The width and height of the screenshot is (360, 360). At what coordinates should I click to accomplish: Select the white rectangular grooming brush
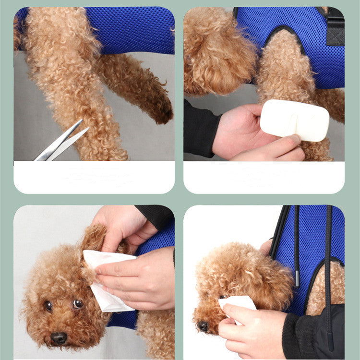294,120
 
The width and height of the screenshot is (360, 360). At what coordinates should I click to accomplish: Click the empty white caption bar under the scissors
94,177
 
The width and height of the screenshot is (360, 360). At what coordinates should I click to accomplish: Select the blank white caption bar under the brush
264,177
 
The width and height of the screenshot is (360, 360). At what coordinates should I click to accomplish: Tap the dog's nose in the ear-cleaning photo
59,338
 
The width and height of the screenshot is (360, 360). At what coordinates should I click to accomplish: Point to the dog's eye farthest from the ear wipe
48,306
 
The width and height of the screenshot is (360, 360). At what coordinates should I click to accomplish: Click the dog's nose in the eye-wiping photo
203,326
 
